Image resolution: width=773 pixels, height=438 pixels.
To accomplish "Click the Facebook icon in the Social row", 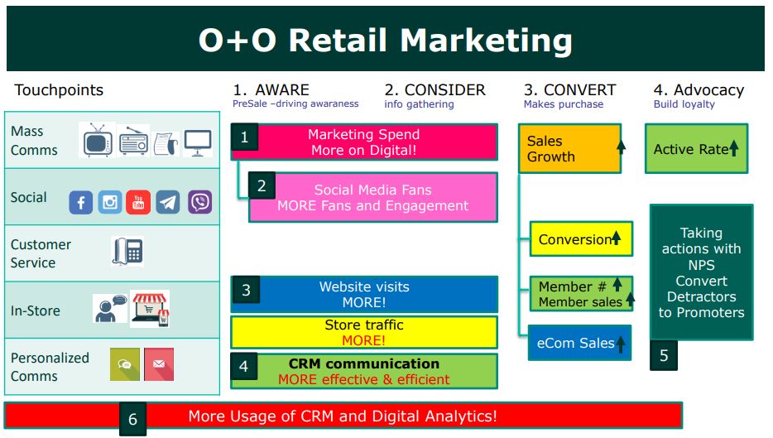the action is [x=81, y=202].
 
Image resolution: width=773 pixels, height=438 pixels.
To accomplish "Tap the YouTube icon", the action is [x=138, y=202].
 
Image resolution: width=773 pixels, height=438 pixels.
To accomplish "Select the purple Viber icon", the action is [x=200, y=202].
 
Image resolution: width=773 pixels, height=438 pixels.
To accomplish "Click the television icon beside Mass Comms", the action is [x=98, y=140].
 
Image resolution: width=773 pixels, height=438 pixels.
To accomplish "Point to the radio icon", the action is [x=133, y=142].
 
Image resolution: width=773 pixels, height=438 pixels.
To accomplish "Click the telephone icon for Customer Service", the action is [x=127, y=252].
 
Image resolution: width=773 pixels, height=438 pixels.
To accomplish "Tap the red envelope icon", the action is [x=159, y=364].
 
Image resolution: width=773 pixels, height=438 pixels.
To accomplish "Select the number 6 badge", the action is [x=132, y=419].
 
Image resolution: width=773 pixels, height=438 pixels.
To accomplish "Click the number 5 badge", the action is [x=664, y=355].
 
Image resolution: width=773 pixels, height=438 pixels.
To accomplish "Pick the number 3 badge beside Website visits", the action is [x=246, y=290].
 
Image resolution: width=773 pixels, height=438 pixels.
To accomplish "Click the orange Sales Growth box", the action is [x=569, y=148].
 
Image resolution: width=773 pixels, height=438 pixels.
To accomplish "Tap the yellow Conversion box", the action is [x=581, y=239].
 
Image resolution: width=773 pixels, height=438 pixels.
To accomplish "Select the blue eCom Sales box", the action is [x=579, y=343].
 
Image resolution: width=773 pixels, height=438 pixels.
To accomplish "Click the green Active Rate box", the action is [x=697, y=148].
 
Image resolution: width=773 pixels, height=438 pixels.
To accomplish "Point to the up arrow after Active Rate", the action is [x=734, y=148].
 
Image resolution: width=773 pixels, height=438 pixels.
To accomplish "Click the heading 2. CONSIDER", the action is [x=435, y=89].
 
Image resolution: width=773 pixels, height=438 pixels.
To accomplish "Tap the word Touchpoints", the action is [x=59, y=89].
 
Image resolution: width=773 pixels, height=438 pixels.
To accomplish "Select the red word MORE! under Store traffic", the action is [x=364, y=340].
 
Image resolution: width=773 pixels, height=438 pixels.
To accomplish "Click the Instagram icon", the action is [x=109, y=202].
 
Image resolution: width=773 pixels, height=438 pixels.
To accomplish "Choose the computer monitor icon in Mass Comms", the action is [x=198, y=142].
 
